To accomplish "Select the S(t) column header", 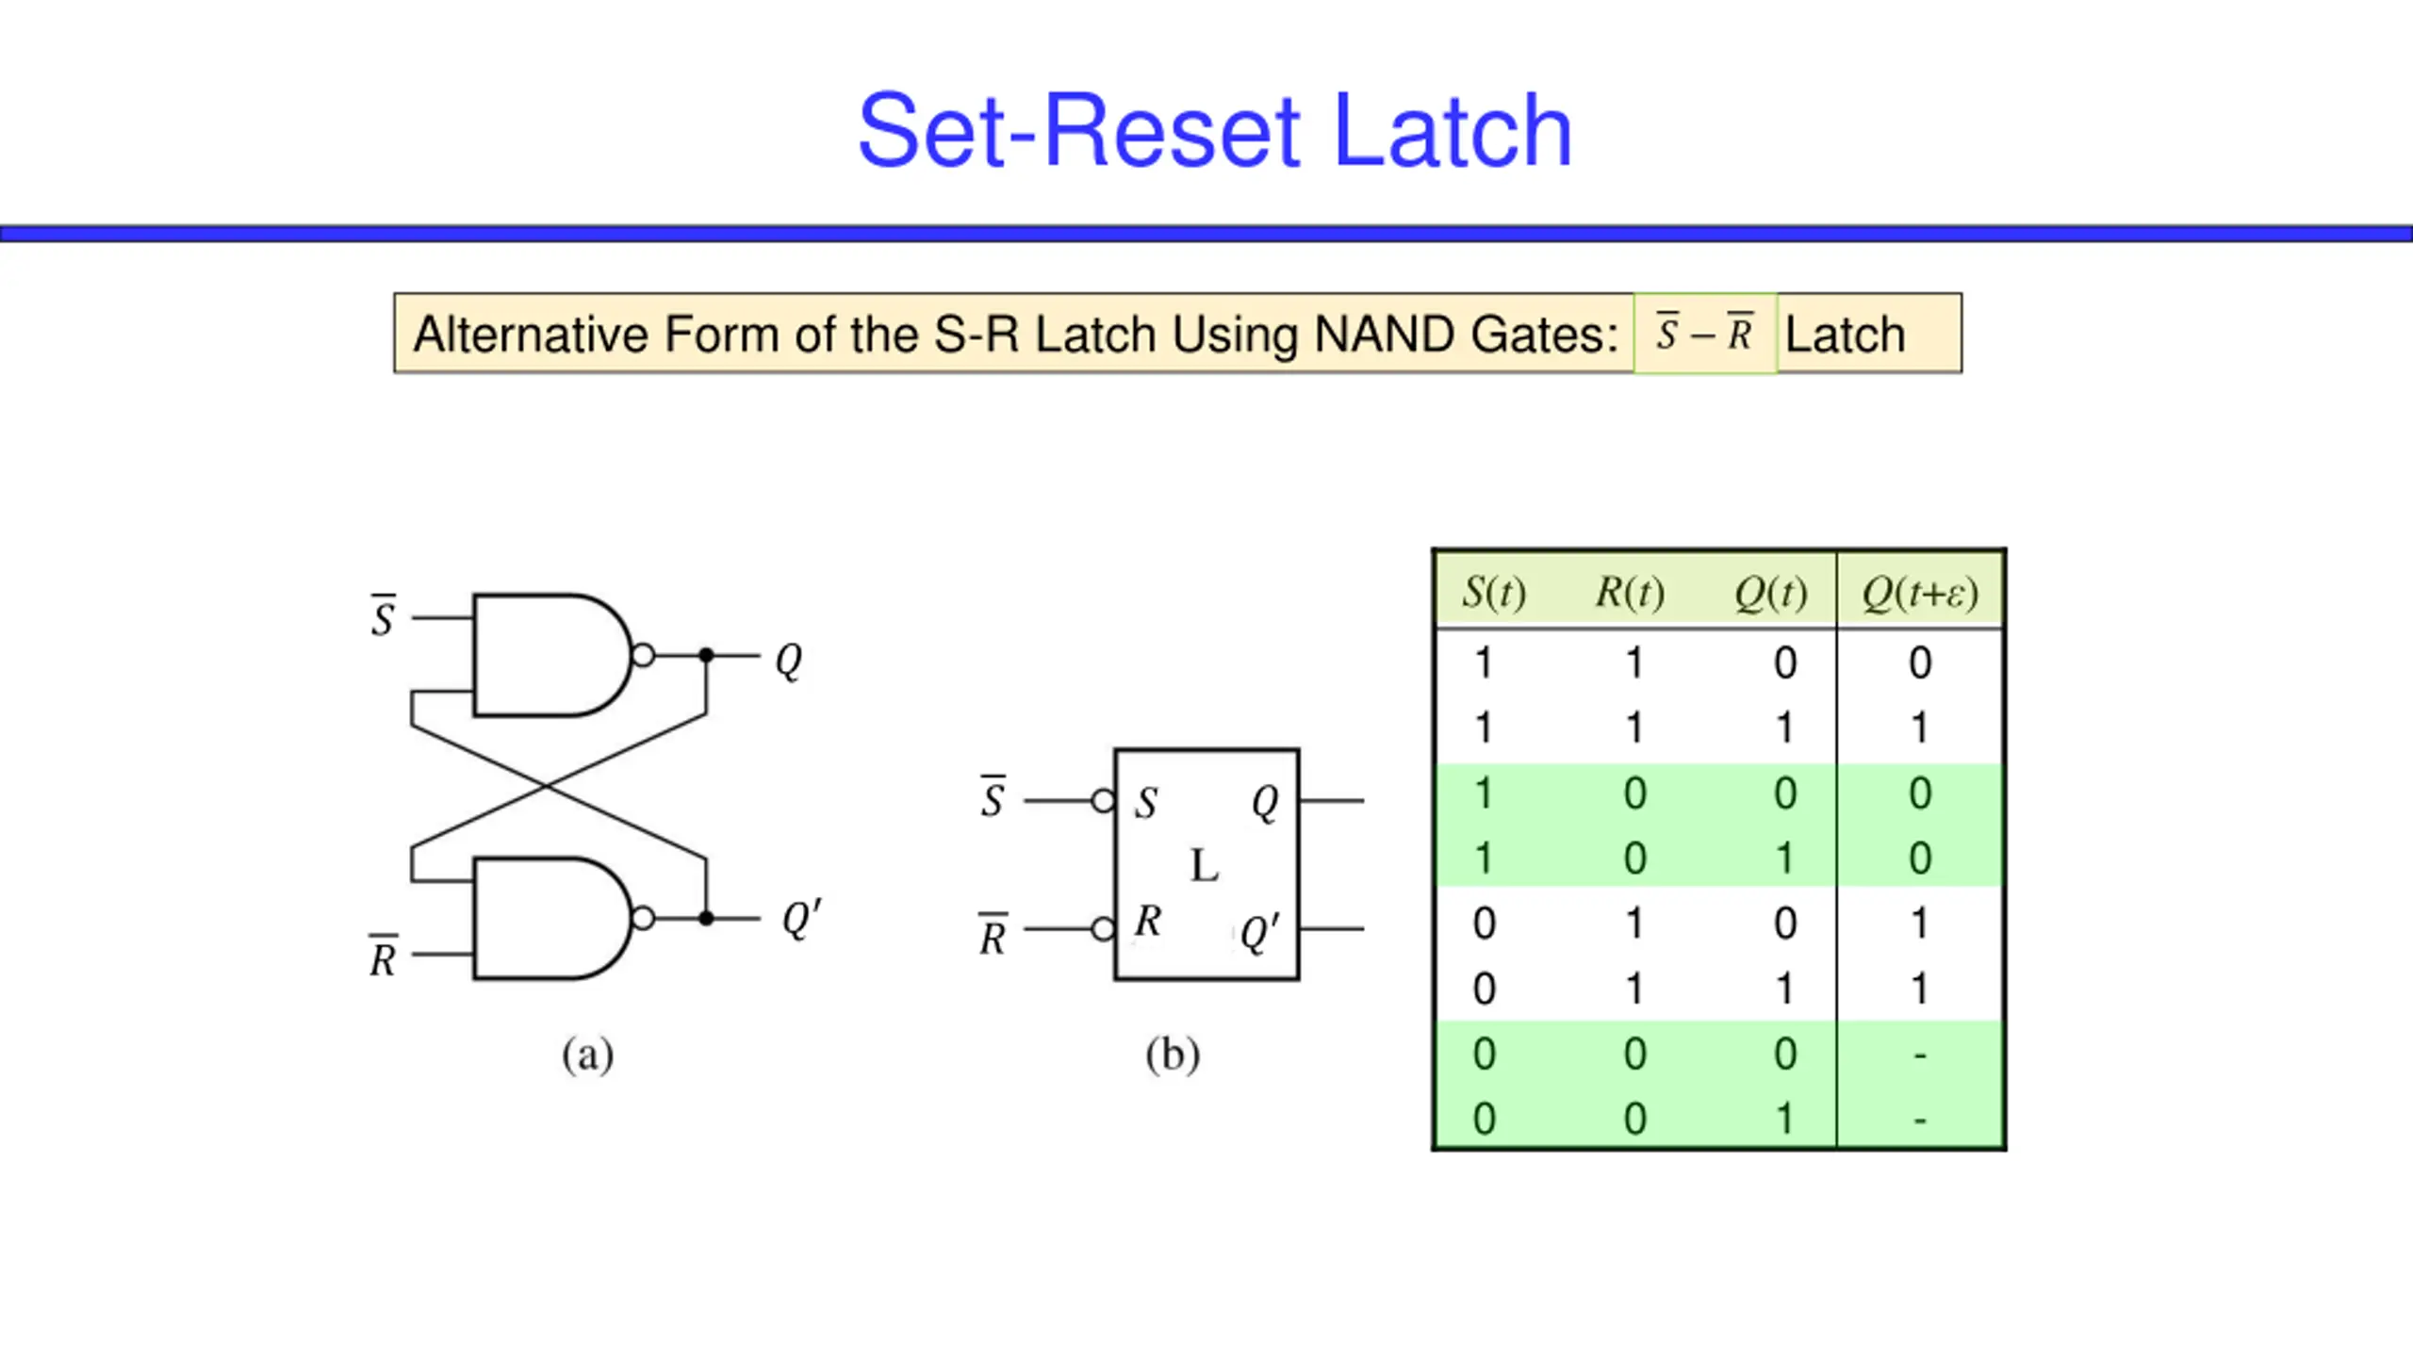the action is (x=1494, y=592).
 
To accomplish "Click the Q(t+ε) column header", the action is (x=1920, y=592).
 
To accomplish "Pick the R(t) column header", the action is (x=1630, y=592).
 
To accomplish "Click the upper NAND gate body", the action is (x=551, y=655).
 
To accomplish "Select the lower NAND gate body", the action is (x=551, y=918).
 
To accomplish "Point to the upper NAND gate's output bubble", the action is (x=643, y=655).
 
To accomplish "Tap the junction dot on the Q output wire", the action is (x=706, y=655).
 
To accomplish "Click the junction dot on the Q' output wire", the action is (x=706, y=918).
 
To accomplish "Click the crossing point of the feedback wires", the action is (x=547, y=786).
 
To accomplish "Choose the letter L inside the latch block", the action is (x=1205, y=865).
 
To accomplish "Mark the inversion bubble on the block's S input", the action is (x=1103, y=801).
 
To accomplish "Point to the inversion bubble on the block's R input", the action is (x=1103, y=929).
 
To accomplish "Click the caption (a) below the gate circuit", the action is (x=588, y=1055).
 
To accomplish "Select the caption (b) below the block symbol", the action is (x=1173, y=1055).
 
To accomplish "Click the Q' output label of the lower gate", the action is (x=801, y=919).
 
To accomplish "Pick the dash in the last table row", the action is (x=1920, y=1120).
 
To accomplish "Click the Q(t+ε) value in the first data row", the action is (x=1920, y=663).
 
